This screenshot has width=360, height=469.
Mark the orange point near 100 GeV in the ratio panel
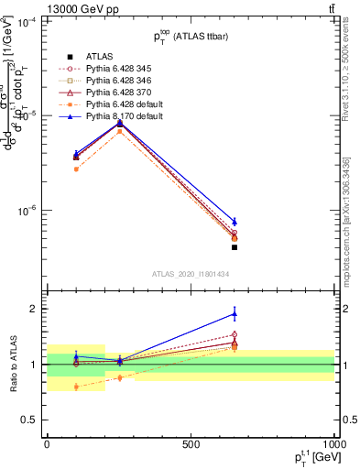[x=76, y=387]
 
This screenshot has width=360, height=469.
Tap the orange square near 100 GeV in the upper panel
[x=76, y=169]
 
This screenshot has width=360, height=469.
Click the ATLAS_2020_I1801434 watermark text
[x=191, y=274]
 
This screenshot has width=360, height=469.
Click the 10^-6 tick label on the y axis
[x=27, y=211]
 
